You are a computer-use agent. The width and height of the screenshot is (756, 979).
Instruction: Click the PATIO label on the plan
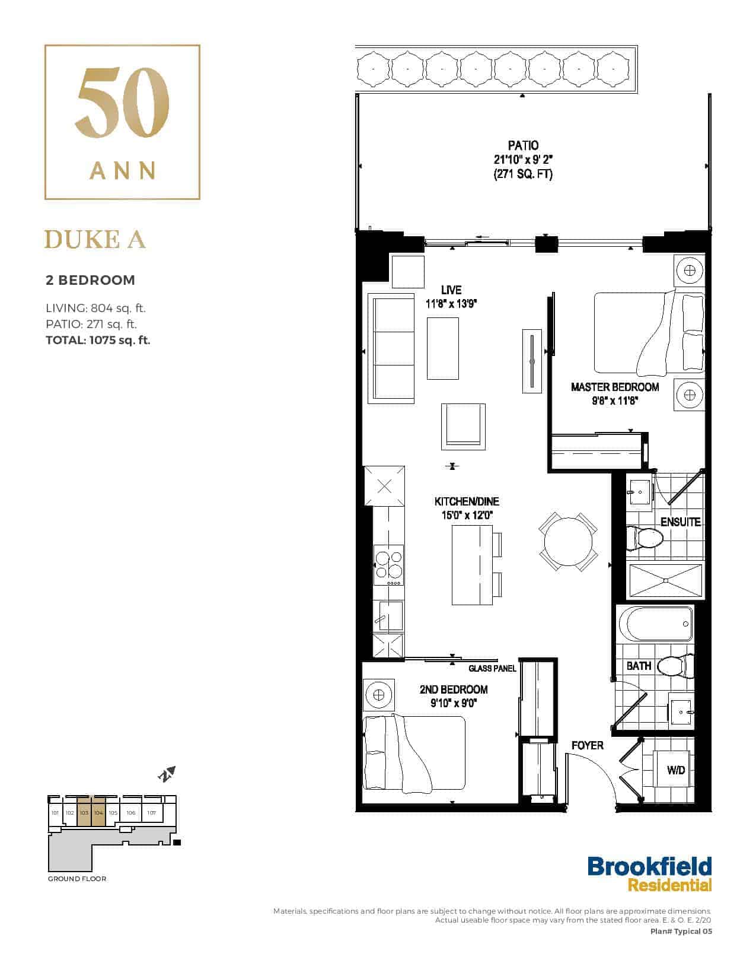click(523, 145)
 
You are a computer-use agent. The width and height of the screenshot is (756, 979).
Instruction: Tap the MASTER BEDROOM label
click(615, 387)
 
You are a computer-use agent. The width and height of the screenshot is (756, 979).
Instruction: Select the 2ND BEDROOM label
click(454, 689)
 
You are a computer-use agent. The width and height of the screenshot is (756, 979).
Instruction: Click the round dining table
click(568, 542)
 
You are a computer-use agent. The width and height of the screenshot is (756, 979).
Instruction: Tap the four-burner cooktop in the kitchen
click(389, 565)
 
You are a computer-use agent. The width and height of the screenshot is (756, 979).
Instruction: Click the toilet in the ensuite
click(645, 538)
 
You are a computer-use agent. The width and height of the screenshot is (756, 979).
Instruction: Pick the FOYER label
click(587, 746)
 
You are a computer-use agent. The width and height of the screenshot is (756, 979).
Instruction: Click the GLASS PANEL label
click(492, 669)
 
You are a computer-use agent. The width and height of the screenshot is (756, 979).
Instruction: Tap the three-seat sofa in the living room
click(391, 348)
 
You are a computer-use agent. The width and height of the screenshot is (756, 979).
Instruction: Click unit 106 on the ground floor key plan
click(130, 813)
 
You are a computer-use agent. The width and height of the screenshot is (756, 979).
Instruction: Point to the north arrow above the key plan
click(167, 774)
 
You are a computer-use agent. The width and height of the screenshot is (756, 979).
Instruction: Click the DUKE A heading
click(95, 239)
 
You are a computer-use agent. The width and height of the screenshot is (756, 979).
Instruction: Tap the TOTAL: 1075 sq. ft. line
click(98, 340)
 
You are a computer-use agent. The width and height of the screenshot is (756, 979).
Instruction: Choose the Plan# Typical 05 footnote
click(681, 932)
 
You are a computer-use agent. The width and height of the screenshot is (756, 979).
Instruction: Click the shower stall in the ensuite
click(665, 581)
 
